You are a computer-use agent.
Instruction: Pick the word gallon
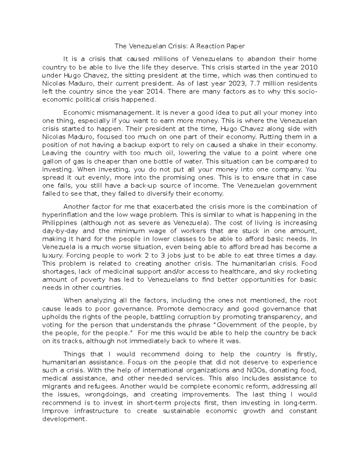(x=53, y=161)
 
